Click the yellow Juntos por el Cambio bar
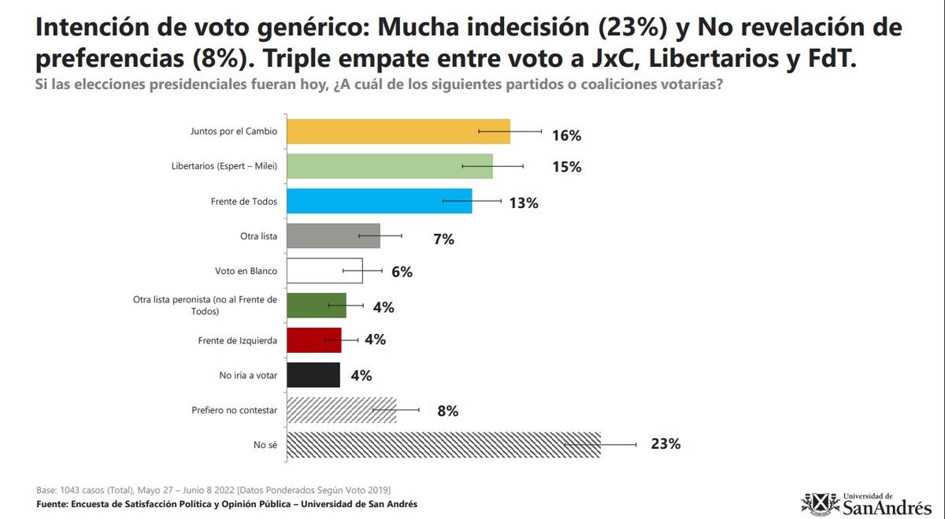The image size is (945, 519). coord(398,132)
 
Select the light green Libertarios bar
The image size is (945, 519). coord(390,166)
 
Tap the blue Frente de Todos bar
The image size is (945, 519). coord(380,201)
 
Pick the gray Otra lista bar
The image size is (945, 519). coord(333,235)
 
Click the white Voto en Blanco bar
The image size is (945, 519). coord(324,270)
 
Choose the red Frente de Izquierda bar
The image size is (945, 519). coord(314,340)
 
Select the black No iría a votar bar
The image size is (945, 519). coord(313,375)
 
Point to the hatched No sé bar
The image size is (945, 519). coord(443,445)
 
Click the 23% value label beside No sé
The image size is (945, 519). coord(665,444)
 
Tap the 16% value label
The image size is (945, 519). coord(566,135)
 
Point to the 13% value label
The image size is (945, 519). coord(524,203)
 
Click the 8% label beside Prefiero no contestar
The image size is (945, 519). coord(447,411)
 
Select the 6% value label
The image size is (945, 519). coord(402,272)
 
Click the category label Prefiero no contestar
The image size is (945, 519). coord(234,410)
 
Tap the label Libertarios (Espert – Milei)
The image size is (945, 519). coord(224,166)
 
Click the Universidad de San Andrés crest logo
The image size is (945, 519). coord(820,504)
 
